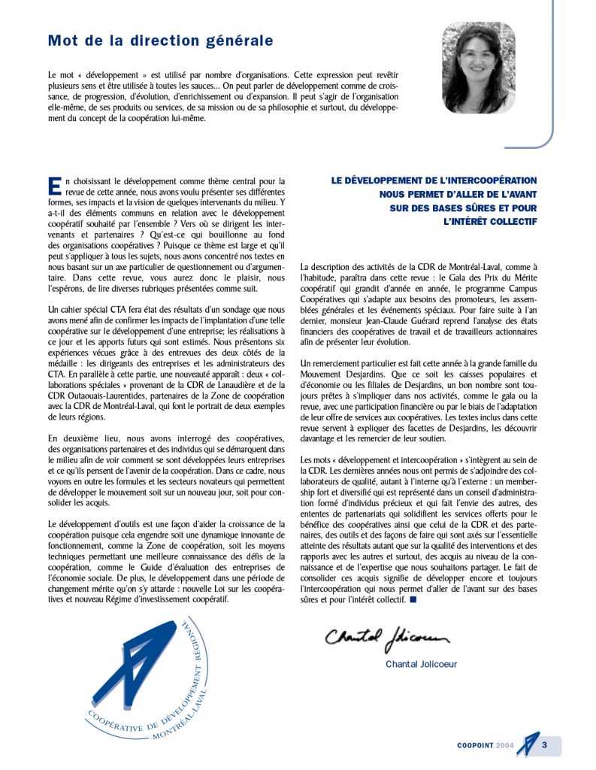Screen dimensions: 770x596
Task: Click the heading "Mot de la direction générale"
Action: point(160,41)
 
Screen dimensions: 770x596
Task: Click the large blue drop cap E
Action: point(53,186)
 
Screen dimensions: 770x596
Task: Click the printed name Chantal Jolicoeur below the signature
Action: point(421,664)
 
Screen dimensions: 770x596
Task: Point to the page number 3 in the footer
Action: point(544,745)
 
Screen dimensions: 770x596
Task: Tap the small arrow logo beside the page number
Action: point(529,744)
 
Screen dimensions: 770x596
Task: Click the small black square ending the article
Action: point(413,599)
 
